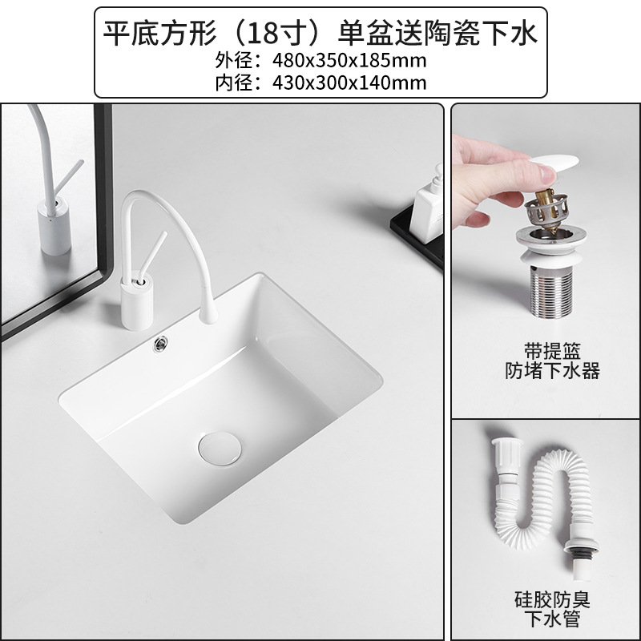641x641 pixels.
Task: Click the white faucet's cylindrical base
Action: [133, 303]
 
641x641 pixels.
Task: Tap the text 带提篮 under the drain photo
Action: [552, 351]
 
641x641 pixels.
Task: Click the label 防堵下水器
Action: [552, 371]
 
